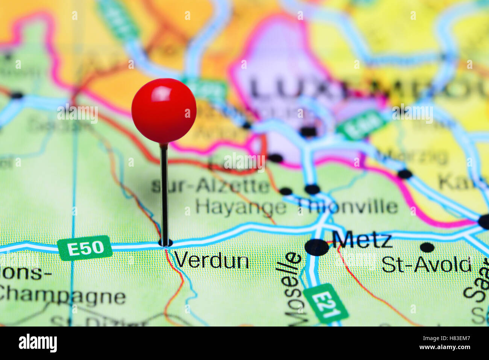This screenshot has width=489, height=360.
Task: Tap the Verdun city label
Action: [211, 260]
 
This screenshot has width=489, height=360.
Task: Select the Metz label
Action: [362, 240]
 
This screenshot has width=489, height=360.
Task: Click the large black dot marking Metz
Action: [316, 247]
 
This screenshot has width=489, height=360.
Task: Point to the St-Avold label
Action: [426, 265]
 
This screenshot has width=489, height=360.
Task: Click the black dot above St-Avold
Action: [427, 247]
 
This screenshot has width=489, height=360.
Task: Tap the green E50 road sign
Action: [85, 248]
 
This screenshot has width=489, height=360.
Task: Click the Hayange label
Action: [241, 207]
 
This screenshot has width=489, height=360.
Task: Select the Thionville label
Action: [348, 207]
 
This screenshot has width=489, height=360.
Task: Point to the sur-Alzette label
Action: [211, 186]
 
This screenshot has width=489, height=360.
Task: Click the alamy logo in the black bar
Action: [38, 343]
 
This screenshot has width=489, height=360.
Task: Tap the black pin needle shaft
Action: [164, 192]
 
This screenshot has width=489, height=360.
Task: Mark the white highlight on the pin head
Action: [161, 93]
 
